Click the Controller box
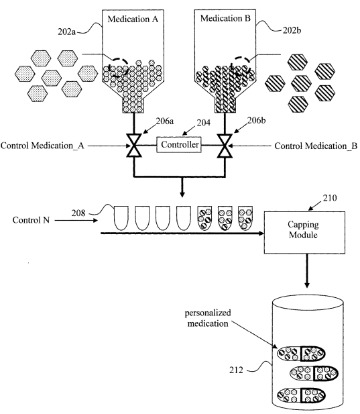pos(179,144)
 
